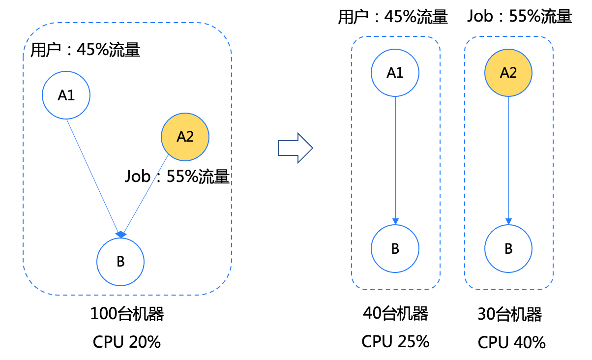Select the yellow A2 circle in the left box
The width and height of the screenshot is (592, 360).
[185, 137]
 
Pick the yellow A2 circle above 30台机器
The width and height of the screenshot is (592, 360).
[508, 73]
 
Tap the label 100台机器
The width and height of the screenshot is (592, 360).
[127, 314]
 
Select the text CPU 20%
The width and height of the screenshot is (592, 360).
[127, 342]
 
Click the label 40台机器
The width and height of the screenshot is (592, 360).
[395, 313]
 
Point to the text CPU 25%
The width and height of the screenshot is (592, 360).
[395, 341]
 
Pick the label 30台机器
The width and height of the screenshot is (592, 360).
[510, 314]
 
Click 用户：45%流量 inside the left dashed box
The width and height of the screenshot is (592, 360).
[85, 50]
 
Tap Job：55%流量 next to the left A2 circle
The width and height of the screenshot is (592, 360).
[177, 176]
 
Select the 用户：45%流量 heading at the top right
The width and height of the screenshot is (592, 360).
[393, 17]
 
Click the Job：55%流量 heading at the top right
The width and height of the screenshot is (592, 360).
[520, 16]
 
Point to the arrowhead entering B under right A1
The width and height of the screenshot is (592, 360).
[395, 221]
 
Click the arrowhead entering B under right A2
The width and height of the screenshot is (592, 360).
[508, 221]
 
